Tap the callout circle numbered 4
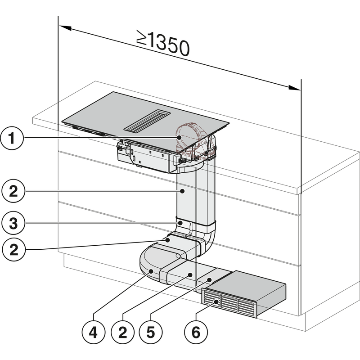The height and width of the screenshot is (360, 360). [92, 333]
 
